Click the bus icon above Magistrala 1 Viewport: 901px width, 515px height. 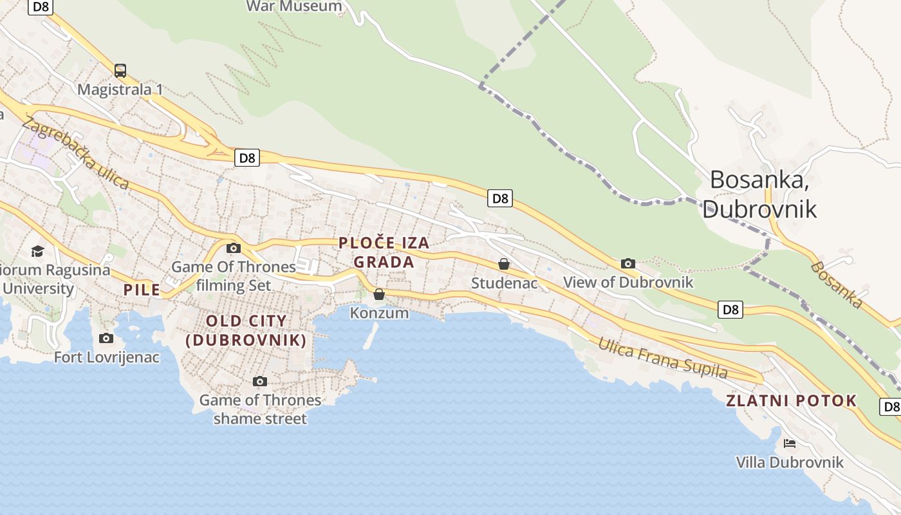tap(120, 71)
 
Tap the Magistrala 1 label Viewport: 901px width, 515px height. tap(120, 89)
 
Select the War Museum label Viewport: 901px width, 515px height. tap(294, 6)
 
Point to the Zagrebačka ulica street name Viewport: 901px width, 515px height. tap(75, 153)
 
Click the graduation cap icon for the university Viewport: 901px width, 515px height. tap(38, 250)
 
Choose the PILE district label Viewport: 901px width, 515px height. tap(142, 290)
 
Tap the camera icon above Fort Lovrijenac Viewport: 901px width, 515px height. tap(106, 338)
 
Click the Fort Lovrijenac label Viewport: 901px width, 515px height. tap(106, 357)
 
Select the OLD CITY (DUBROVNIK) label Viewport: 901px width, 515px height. tap(246, 330)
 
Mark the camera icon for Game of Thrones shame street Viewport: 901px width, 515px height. tap(260, 381)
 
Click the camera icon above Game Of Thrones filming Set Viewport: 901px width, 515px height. tap(234, 248)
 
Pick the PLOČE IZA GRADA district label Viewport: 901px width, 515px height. tap(384, 252)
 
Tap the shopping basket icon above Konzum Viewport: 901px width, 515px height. tap(379, 294)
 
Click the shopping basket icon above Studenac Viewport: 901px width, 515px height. tap(504, 264)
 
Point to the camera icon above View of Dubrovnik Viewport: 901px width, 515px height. tap(628, 263)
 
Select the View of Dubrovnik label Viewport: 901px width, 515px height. tap(628, 282)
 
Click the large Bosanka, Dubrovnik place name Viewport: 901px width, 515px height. tap(759, 194)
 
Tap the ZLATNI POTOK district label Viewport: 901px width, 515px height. tap(792, 400)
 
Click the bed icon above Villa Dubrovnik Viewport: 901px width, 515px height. tap(790, 443)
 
